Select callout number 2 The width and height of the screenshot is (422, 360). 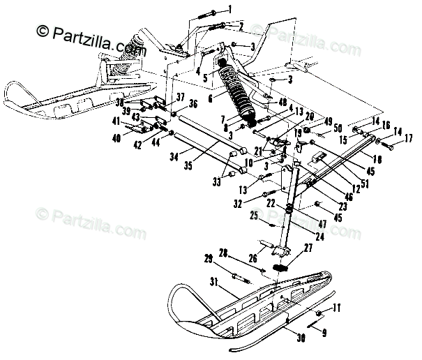240,26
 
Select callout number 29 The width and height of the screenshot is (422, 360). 208,260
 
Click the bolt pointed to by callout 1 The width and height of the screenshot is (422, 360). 204,13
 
